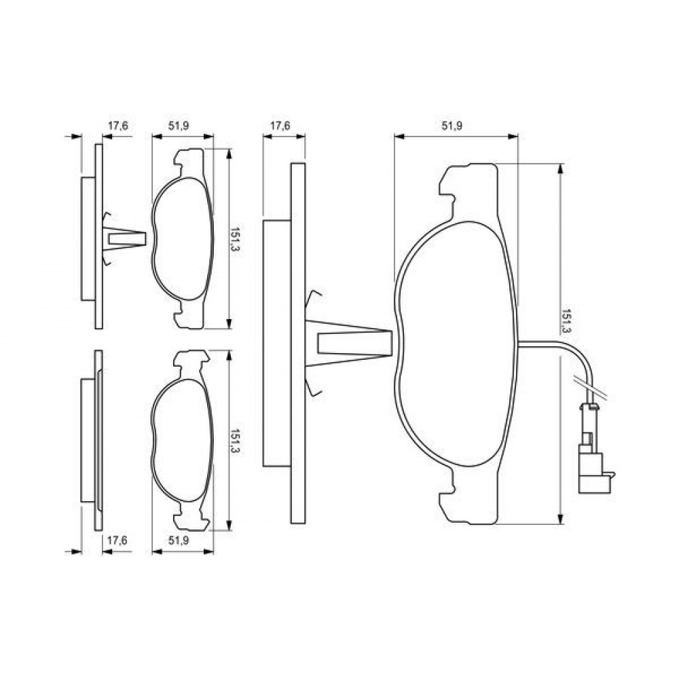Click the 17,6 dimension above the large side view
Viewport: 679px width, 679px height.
(x=280, y=126)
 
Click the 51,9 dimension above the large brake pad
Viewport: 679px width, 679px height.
(x=452, y=126)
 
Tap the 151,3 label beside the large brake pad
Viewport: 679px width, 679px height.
(x=565, y=321)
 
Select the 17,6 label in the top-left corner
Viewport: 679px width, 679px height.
(x=117, y=126)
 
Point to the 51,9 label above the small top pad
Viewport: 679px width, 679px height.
(x=179, y=126)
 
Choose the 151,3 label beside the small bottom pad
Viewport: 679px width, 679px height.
(x=234, y=441)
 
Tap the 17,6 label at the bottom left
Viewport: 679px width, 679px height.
(x=117, y=540)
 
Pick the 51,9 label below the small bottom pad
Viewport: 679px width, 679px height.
(x=179, y=540)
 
